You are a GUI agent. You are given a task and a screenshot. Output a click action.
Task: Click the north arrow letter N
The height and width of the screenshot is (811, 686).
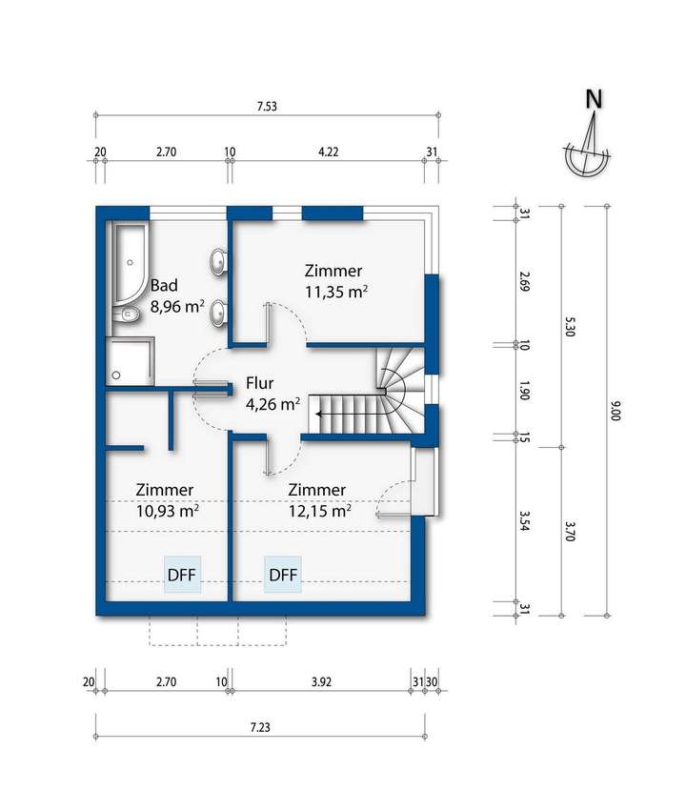[x=594, y=98]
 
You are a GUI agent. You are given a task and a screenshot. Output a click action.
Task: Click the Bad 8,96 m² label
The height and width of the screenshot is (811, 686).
[x=176, y=295]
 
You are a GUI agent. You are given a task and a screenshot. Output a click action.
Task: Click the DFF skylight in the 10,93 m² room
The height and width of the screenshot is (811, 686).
[x=185, y=575]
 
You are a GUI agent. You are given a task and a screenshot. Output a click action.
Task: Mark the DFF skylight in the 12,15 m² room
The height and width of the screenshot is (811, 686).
[x=283, y=575]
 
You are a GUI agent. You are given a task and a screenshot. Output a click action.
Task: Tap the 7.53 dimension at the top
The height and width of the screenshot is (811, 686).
[x=268, y=107]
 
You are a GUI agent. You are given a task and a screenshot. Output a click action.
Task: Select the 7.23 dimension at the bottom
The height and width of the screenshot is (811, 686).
[x=260, y=728]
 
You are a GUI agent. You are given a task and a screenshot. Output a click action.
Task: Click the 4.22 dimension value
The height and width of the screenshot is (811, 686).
[x=328, y=151]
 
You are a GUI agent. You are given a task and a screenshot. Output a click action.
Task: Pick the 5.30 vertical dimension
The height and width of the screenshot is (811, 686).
[x=569, y=326]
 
